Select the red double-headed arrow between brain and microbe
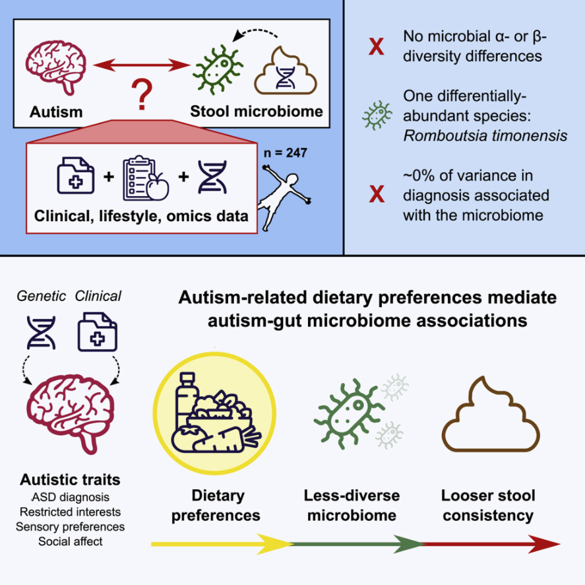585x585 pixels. [142, 65]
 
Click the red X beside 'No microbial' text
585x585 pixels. [377, 46]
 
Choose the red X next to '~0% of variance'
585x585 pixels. [377, 194]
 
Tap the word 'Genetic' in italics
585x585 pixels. [42, 296]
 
